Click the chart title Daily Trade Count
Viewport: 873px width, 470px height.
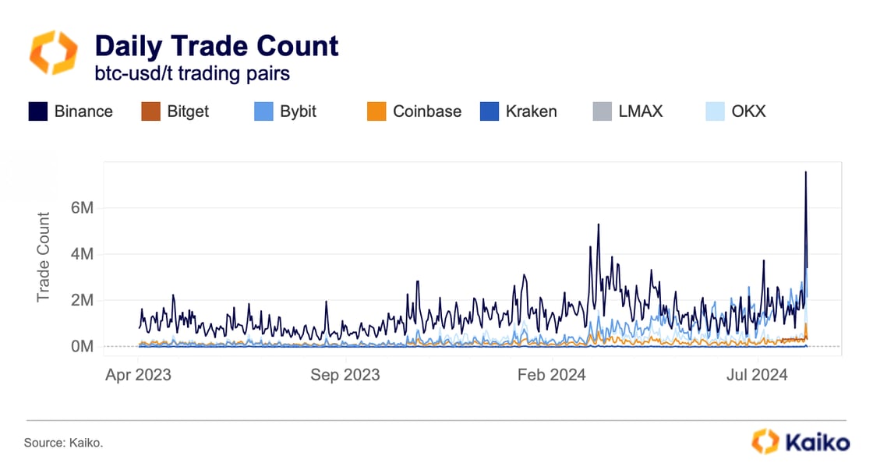pyautogui.click(x=216, y=46)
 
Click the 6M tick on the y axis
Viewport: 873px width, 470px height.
pyautogui.click(x=82, y=208)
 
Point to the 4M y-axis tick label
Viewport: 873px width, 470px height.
pyautogui.click(x=82, y=254)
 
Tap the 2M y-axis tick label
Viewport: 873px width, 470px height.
pyautogui.click(x=82, y=300)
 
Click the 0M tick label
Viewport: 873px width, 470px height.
pyautogui.click(x=82, y=346)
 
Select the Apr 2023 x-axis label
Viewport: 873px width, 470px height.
pyautogui.click(x=138, y=375)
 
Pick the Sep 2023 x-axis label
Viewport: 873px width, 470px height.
pyautogui.click(x=345, y=375)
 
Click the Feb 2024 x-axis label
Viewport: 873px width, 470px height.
pyautogui.click(x=552, y=375)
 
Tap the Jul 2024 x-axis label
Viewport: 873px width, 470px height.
pyautogui.click(x=758, y=375)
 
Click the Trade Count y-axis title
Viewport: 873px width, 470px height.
pyautogui.click(x=44, y=257)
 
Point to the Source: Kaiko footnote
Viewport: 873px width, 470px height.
pyautogui.click(x=63, y=443)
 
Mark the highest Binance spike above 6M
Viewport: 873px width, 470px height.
pyautogui.click(x=805, y=172)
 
